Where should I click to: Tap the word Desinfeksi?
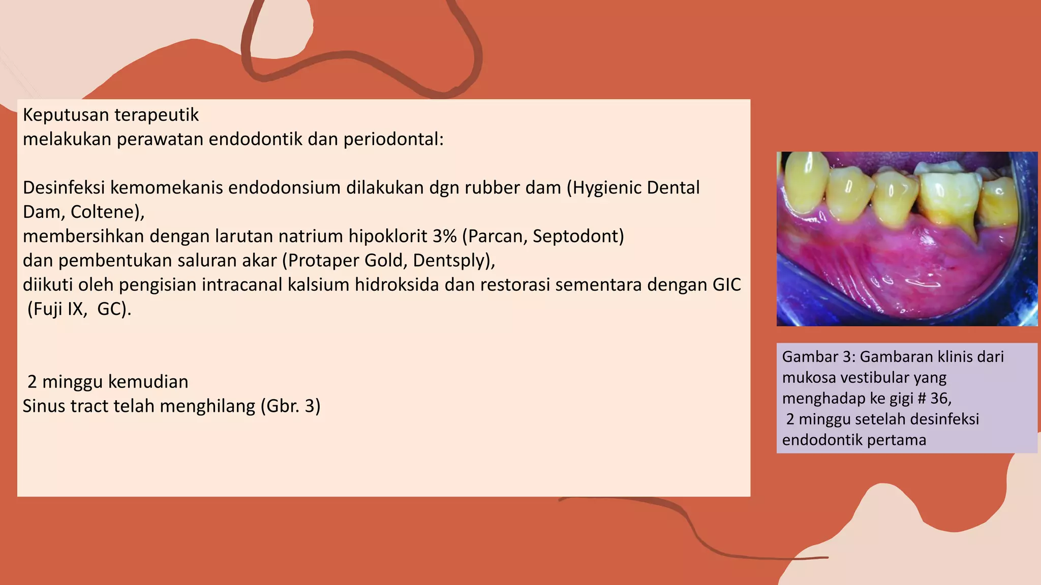(64, 188)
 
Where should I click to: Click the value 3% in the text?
(445, 237)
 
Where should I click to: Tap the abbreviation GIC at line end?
(726, 285)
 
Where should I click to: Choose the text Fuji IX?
(59, 309)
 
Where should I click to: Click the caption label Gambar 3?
(818, 357)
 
